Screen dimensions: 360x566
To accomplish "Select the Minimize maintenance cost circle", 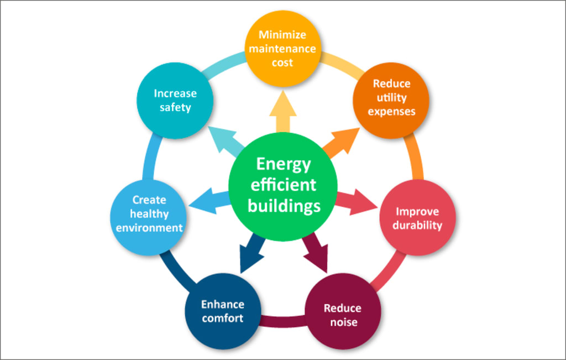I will [282, 49].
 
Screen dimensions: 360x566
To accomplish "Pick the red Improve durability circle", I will [417, 218].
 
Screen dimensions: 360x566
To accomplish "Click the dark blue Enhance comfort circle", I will [223, 311].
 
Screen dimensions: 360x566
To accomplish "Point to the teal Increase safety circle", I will [175, 100].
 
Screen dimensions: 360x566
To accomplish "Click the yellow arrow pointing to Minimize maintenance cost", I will [282, 111].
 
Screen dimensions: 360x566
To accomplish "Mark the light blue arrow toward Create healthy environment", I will [209, 200].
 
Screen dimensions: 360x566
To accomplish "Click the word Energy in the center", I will [284, 164].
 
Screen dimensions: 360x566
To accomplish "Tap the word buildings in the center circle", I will [284, 206].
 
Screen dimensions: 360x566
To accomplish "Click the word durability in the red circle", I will [417, 226].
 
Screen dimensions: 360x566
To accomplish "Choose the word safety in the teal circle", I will [175, 107].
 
